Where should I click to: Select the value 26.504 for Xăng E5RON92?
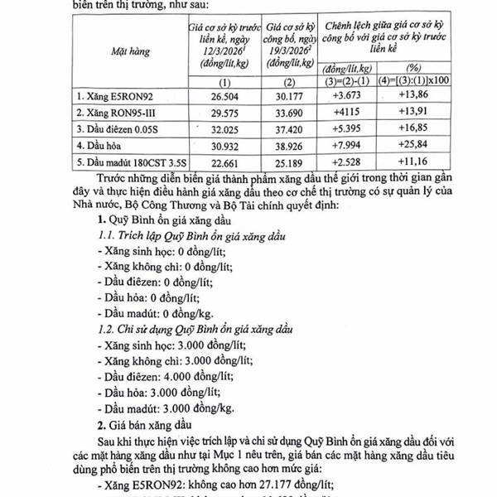(x=224, y=98)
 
